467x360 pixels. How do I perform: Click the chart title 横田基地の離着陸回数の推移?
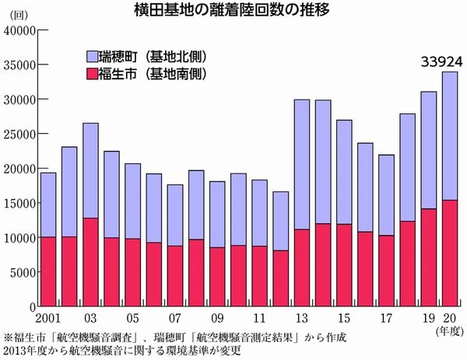point(233,11)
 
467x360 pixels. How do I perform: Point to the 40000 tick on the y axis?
point(20,30)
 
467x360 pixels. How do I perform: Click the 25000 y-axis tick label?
point(20,134)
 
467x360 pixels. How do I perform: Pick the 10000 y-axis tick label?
point(20,237)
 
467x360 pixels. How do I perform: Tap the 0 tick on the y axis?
point(32,306)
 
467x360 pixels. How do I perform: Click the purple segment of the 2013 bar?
point(300,164)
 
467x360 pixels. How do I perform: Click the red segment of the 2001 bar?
point(48,271)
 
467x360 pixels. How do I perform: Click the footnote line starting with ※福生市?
point(171,338)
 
